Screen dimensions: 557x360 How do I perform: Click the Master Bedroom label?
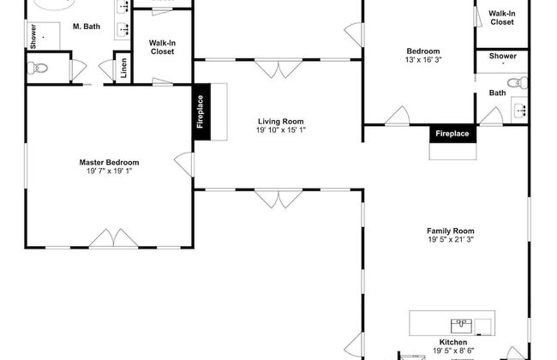pyautogui.click(x=109, y=162)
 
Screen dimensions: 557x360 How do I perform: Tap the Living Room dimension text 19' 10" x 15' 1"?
pyautogui.click(x=280, y=130)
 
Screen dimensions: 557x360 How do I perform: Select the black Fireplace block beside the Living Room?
pyautogui.click(x=201, y=112)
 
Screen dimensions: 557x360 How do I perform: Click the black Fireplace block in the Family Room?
pyautogui.click(x=452, y=134)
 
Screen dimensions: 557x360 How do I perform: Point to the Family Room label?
pyautogui.click(x=451, y=231)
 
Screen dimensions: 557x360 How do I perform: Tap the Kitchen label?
pyautogui.click(x=453, y=342)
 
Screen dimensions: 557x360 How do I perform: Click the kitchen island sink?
pyautogui.click(x=461, y=326)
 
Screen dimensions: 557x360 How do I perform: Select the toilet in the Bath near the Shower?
pyautogui.click(x=518, y=83)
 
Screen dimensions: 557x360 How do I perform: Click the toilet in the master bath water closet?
pyautogui.click(x=38, y=68)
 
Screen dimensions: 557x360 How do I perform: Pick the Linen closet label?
pyautogui.click(x=123, y=68)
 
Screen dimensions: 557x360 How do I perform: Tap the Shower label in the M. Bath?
pyautogui.click(x=33, y=36)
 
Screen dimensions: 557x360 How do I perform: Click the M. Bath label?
pyautogui.click(x=87, y=27)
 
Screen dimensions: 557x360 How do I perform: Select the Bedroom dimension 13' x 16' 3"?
pyautogui.click(x=423, y=60)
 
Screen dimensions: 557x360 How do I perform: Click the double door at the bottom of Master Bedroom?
pyautogui.click(x=113, y=237)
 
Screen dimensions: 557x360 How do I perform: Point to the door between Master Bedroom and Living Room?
pyautogui.click(x=184, y=165)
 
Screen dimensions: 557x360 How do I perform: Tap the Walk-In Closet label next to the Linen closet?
pyautogui.click(x=162, y=47)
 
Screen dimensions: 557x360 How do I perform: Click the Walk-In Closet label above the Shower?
pyautogui.click(x=502, y=18)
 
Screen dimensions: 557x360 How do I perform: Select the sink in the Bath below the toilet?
pyautogui.click(x=520, y=110)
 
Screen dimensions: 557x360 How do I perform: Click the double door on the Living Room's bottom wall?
pyautogui.click(x=278, y=199)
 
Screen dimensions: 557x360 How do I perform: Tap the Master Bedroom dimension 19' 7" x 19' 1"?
pyautogui.click(x=109, y=171)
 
